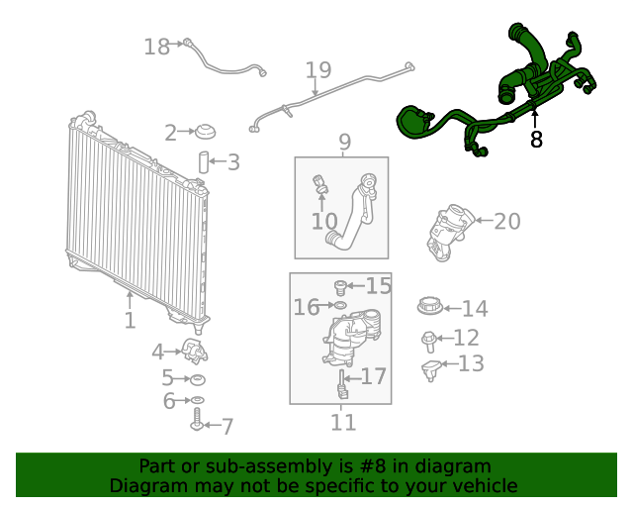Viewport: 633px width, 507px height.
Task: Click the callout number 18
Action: coord(157,47)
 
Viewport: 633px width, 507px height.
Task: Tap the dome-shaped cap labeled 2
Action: coord(205,132)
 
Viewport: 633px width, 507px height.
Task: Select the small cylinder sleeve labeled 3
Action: coord(204,162)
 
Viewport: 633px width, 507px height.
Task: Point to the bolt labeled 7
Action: coord(197,419)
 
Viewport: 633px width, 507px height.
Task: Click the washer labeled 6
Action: coord(198,400)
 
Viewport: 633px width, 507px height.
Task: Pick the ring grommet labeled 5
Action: coord(198,379)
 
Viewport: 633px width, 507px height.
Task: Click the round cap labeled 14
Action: coord(430,306)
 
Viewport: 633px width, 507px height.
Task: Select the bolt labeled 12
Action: coord(428,342)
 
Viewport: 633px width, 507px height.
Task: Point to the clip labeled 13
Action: coord(430,370)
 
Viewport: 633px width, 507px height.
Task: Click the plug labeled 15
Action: coord(340,287)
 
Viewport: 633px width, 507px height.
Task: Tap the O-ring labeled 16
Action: coord(340,304)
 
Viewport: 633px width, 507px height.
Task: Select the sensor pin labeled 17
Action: coord(342,384)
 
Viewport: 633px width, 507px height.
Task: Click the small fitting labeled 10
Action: coord(320,184)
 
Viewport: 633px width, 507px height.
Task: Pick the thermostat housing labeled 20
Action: coord(449,232)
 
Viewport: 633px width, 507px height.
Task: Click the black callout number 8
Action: coord(536,140)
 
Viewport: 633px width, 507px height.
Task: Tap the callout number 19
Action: coord(318,70)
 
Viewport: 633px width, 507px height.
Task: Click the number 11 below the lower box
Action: coord(343,422)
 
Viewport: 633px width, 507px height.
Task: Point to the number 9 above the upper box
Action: coord(345,142)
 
